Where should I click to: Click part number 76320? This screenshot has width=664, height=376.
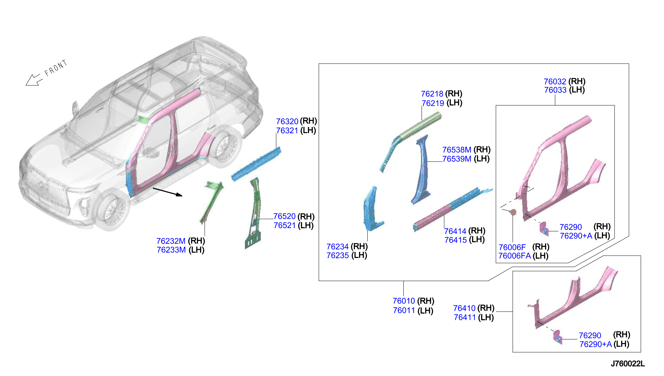pos(287,121)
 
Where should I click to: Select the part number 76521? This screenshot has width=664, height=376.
pos(284,225)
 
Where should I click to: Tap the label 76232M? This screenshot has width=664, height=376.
pos(171,241)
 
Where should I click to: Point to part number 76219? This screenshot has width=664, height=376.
pos(433,103)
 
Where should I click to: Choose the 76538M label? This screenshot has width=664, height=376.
pos(457,150)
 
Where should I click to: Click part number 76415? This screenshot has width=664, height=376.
pos(456,240)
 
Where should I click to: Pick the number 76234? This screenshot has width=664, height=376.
pos(337,247)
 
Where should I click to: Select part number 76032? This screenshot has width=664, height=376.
pos(555,82)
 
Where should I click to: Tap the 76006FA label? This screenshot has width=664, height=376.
pos(514,256)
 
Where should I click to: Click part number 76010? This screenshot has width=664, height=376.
pos(404,301)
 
